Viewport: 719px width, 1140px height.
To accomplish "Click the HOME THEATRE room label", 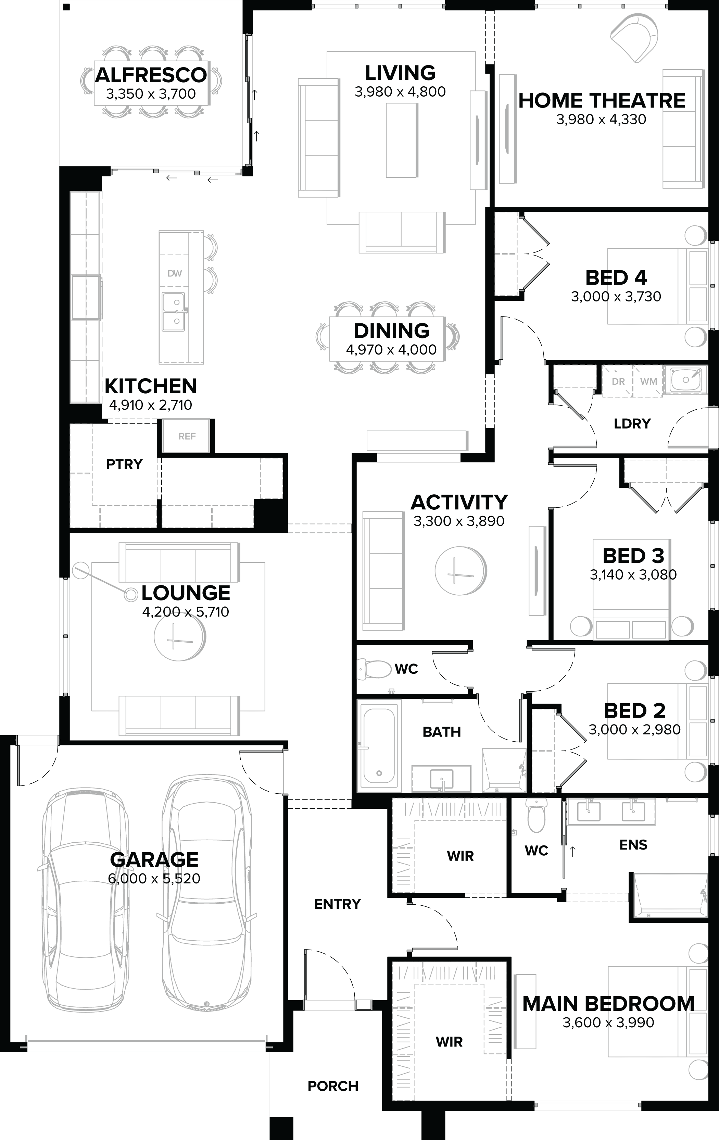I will coord(601,101).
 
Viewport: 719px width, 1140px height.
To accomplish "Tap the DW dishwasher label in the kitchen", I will coord(175,273).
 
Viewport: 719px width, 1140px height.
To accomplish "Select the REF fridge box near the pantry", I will coord(187,436).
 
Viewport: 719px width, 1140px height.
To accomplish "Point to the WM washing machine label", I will coord(648,381).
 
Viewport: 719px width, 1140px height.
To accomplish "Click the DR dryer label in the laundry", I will coord(618,381).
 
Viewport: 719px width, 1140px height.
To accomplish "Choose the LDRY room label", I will coord(632,423).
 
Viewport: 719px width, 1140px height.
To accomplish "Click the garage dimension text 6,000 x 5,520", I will coord(154,878).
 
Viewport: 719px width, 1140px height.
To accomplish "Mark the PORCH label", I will coord(333,1086).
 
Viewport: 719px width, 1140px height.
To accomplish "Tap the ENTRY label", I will coord(338,904).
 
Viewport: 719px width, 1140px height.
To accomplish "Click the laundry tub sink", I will coord(685,379).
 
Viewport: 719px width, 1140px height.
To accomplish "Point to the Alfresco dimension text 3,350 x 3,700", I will coord(151,94).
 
